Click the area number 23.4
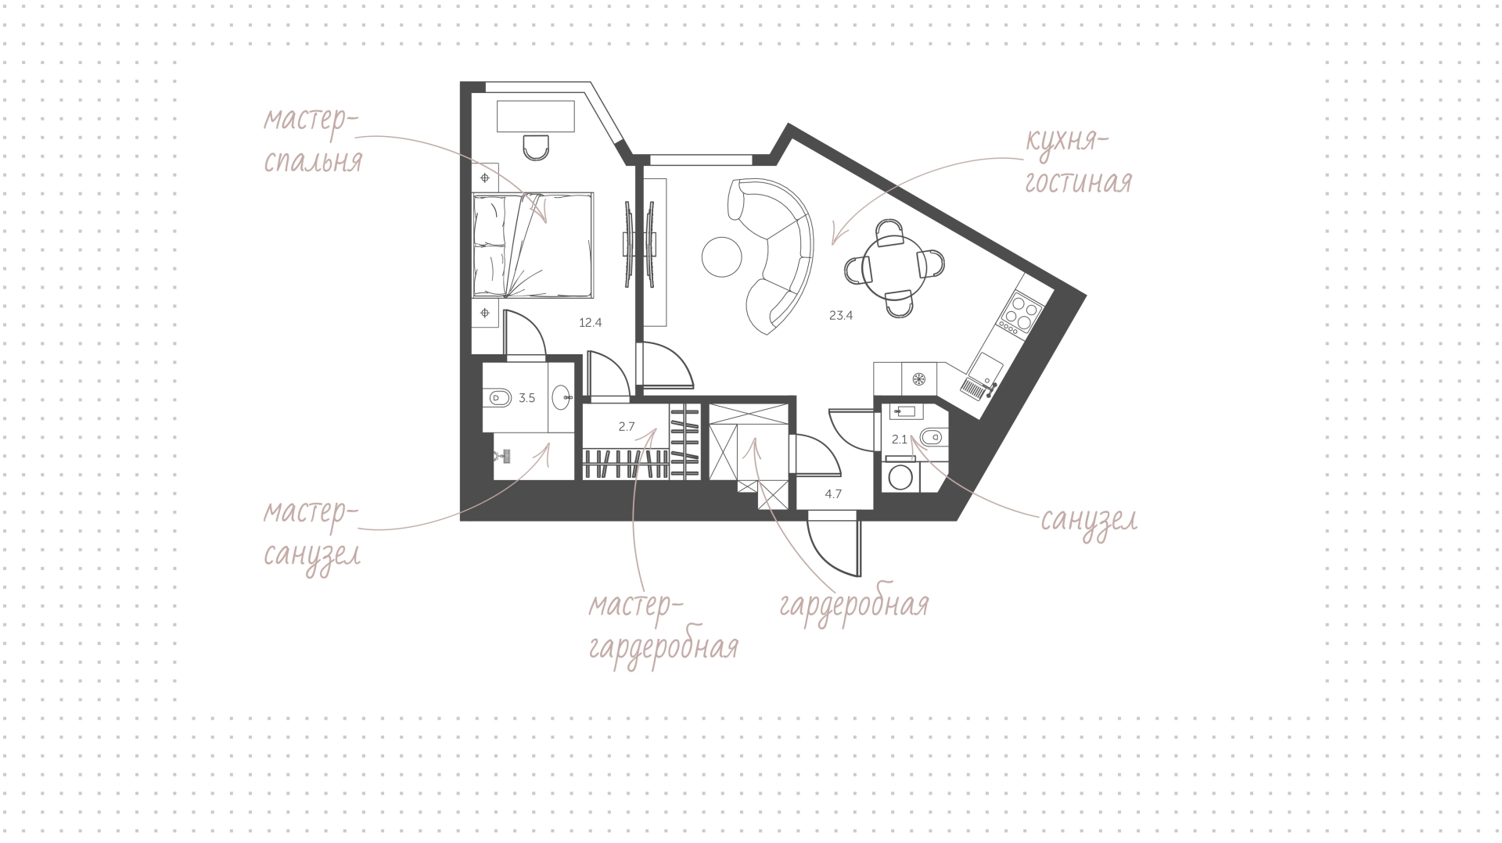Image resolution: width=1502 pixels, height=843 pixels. pyautogui.click(x=841, y=316)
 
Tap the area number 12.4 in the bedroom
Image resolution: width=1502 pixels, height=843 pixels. pyautogui.click(x=590, y=321)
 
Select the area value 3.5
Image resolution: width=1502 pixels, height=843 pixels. pyautogui.click(x=526, y=398)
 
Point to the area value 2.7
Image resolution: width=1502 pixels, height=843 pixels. pyautogui.click(x=626, y=426)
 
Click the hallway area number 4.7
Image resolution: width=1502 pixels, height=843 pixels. pyautogui.click(x=833, y=493)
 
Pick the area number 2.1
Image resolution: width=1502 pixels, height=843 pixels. pyautogui.click(x=899, y=439)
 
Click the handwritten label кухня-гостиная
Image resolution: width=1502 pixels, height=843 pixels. pyautogui.click(x=1079, y=163)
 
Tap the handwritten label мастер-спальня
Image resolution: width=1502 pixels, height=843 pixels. pyautogui.click(x=312, y=141)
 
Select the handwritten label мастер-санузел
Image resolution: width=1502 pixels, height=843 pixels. pyautogui.click(x=311, y=535)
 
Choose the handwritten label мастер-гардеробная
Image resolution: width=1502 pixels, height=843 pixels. pyautogui.click(x=663, y=628)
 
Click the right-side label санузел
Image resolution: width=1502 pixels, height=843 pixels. pyautogui.click(x=1088, y=521)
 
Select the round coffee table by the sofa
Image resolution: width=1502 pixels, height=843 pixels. pyautogui.click(x=721, y=256)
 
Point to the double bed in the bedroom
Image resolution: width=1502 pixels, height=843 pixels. pyautogui.click(x=533, y=246)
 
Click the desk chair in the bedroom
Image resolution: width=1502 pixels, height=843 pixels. pyautogui.click(x=536, y=147)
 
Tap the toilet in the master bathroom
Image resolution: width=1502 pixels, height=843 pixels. pyautogui.click(x=498, y=398)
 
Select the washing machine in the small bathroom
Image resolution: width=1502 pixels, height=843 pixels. pyautogui.click(x=900, y=476)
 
